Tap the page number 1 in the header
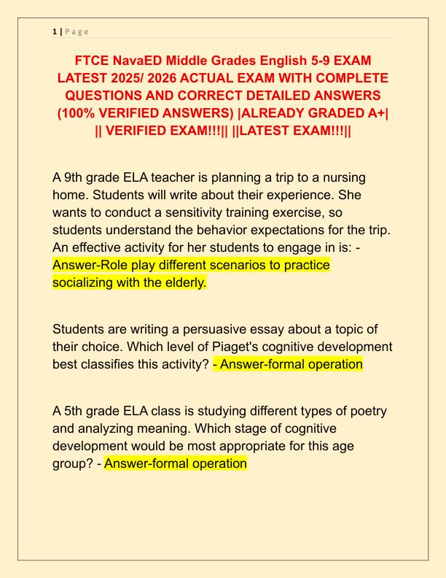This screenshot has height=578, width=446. click(54, 31)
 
